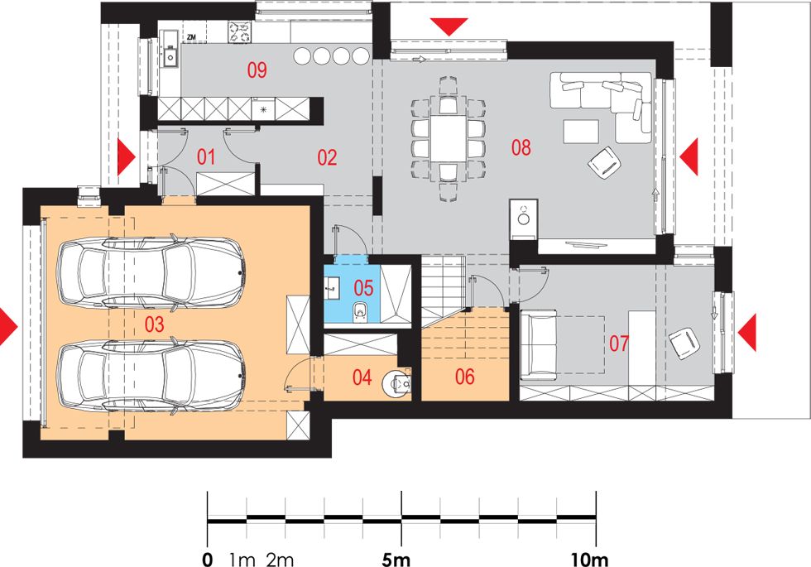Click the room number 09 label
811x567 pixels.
pos(257,70)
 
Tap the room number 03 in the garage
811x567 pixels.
pos(154,324)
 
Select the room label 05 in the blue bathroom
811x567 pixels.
pos(363,288)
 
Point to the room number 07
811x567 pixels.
pos(619,344)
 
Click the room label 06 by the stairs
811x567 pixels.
pos(464,377)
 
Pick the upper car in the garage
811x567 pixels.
pos(151,272)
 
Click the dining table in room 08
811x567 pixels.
pos(449,139)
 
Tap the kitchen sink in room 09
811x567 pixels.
pos(170,56)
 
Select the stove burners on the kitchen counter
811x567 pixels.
pos(239,32)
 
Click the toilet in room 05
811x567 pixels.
pos(360,312)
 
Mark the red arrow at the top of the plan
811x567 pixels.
pos(449,26)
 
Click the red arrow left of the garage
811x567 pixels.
pos(8,327)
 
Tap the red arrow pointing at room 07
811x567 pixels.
pos(746,332)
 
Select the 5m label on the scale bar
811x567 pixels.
pos(396,560)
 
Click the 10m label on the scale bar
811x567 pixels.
pos(589,560)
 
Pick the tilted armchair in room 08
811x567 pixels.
pos(604,162)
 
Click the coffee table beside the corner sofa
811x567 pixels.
pos(581,132)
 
